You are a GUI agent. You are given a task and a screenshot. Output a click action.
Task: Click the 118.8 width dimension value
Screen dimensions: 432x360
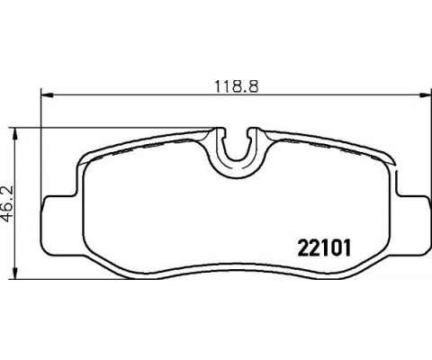coord(237,86)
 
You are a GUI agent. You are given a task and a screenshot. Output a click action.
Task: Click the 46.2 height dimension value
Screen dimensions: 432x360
coord(8,203)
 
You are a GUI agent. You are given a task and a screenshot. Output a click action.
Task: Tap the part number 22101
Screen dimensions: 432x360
coord(324,248)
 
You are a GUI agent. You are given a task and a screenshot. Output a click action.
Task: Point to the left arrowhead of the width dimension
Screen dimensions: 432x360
coord(47,95)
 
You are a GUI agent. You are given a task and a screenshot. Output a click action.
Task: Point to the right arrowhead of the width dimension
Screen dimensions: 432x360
coord(425,95)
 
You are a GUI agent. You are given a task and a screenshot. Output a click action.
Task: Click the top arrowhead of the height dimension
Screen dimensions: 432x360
coord(14,134)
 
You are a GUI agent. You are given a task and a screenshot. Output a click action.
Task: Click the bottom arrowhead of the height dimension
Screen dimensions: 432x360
coord(14,274)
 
